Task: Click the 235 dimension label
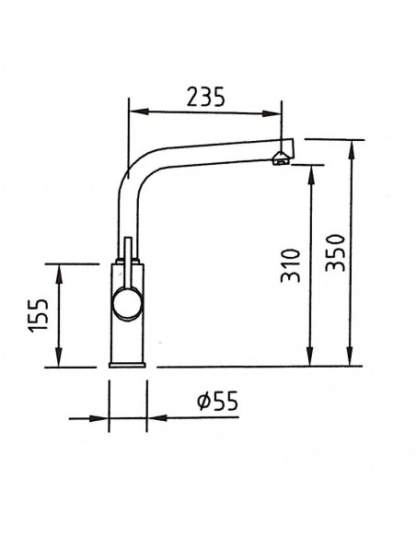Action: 205,97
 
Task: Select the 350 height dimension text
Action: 336,252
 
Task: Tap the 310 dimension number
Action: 290,265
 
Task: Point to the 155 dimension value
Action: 38,316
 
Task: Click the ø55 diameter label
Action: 217,401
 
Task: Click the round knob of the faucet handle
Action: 127,304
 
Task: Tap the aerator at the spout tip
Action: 281,158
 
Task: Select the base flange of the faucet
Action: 127,365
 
